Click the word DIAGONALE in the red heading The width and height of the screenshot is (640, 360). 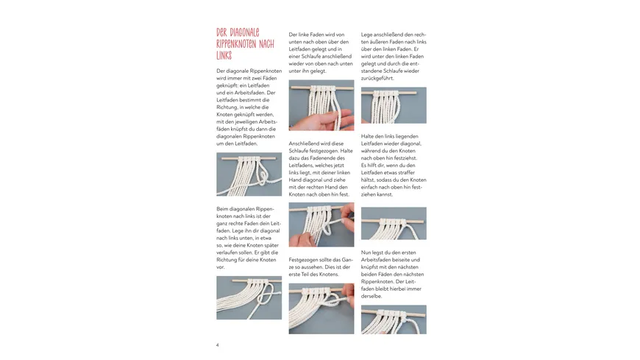(244, 32)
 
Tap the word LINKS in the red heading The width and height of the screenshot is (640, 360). (224, 55)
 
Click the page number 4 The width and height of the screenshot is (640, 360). (218, 345)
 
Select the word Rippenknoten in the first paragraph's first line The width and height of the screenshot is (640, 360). (261, 71)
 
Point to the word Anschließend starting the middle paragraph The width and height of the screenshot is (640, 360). (303, 144)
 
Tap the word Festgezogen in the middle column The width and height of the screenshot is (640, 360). (303, 260)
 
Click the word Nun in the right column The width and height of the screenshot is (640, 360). (366, 253)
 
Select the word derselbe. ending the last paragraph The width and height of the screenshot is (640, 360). (371, 296)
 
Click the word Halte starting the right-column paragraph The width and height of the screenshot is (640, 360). (368, 136)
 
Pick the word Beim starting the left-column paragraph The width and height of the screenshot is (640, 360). (223, 209)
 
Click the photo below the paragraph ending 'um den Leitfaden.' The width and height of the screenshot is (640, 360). (249, 174)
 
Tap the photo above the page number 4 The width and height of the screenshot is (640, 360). (249, 297)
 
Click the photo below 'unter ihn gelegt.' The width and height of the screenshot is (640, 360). (321, 105)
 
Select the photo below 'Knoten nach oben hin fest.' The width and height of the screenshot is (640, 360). (321, 225)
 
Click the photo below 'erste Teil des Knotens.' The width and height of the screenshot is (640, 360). (321, 308)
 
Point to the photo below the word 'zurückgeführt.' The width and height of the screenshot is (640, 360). (394, 105)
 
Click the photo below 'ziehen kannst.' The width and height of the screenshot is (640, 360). (394, 223)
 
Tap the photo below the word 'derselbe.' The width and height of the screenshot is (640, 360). (394, 320)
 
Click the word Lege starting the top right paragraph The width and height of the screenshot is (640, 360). (367, 35)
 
